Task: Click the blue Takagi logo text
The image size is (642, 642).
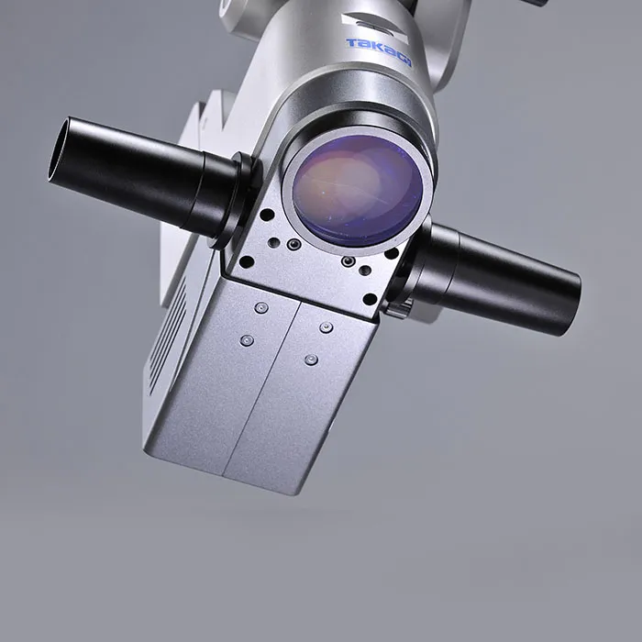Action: pos(379,52)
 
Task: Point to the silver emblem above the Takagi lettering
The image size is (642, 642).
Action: pos(373,25)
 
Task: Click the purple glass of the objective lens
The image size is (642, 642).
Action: pos(358,191)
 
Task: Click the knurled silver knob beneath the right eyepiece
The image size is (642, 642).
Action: pos(398,308)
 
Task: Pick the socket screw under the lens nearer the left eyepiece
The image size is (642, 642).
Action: pos(293,245)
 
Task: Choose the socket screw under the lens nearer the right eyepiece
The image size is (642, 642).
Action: pos(348,261)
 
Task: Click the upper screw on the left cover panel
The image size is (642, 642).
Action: pos(261,308)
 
